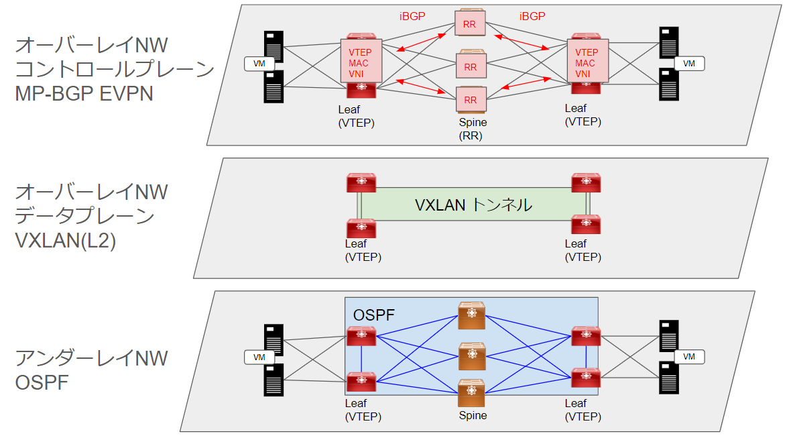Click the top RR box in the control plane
[470, 23]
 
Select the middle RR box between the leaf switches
[470, 66]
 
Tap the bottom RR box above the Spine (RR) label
[470, 100]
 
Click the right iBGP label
[532, 16]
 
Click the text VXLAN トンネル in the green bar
[473, 205]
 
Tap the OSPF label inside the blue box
[373, 315]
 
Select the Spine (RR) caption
[473, 129]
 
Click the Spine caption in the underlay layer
[473, 415]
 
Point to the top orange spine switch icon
[472, 316]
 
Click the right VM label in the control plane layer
[688, 63]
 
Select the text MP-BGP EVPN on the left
[84, 93]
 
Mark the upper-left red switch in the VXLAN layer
[361, 183]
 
